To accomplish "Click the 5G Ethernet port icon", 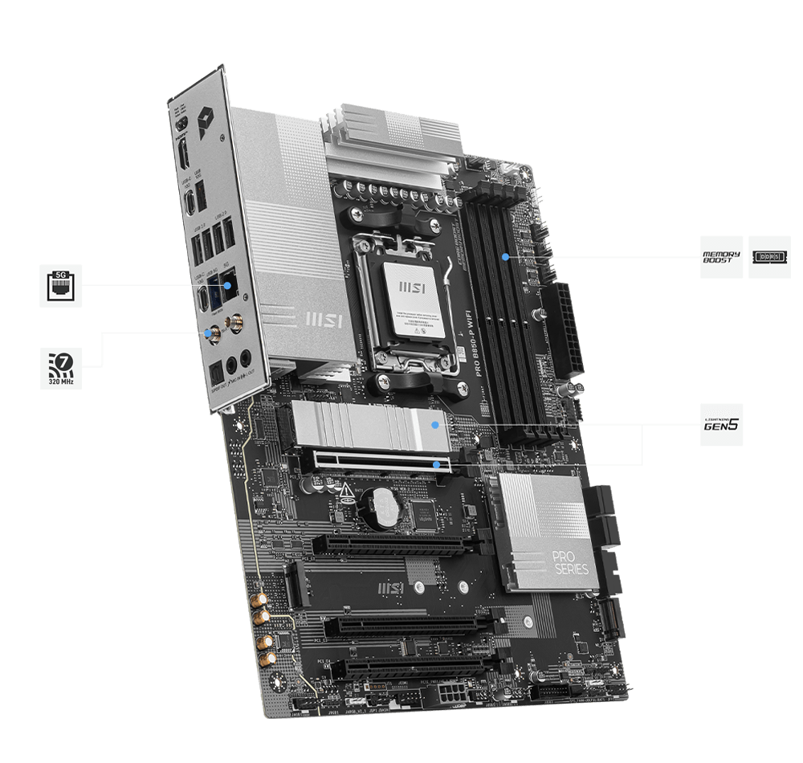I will point(60,285).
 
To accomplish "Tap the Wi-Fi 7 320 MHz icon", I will point(60,367).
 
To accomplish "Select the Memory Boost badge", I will point(721,257).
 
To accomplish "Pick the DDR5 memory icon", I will point(769,257).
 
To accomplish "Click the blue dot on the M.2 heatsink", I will point(434,423).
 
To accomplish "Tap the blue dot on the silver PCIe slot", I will point(436,464).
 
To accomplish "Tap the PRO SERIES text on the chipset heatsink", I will point(571,562).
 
